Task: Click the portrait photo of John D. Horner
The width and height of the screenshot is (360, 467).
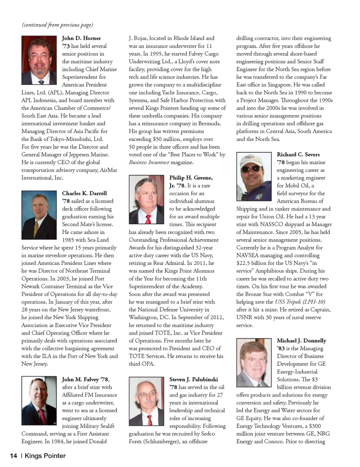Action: tap(39, 60)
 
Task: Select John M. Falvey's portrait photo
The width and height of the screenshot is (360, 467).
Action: tap(39, 401)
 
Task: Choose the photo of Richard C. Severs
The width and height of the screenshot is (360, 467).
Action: tap(254, 176)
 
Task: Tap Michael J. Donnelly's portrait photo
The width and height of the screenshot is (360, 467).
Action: tap(254, 362)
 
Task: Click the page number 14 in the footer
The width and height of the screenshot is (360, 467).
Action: tap(13, 456)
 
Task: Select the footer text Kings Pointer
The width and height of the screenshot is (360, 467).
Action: tap(45, 456)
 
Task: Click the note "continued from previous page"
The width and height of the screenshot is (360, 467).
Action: tap(57, 25)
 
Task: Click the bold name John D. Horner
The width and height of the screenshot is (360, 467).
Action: tap(81, 38)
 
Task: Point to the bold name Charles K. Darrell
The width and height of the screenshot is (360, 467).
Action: tap(84, 193)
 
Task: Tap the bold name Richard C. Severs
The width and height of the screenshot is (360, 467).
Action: tap(298, 154)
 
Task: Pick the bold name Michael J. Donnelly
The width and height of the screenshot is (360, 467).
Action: tap(301, 341)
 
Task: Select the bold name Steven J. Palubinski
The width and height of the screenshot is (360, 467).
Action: tap(193, 379)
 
